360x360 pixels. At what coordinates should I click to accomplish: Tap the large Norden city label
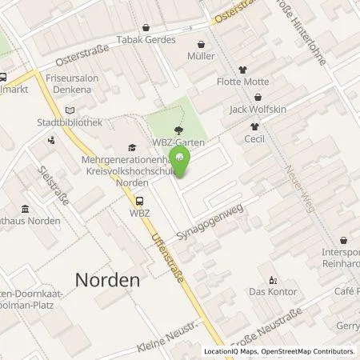[x=107, y=280]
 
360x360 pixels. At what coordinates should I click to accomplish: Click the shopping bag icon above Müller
[x=202, y=45]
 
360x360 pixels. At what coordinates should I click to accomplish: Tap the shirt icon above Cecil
[x=255, y=126]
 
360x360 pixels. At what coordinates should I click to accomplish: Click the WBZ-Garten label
[x=180, y=142]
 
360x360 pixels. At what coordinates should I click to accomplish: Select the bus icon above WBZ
[x=141, y=202]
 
